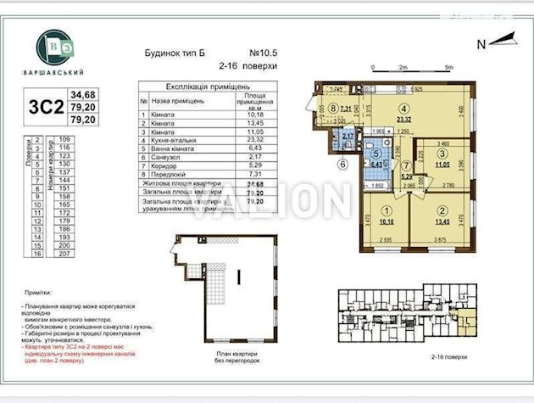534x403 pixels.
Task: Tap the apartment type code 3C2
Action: [x=46, y=107]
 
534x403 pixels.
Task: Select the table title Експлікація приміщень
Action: [x=200, y=87]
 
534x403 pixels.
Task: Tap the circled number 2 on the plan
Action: [x=440, y=211]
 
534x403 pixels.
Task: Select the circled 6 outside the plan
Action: [x=344, y=165]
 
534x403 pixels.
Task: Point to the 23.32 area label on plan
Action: [x=405, y=120]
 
